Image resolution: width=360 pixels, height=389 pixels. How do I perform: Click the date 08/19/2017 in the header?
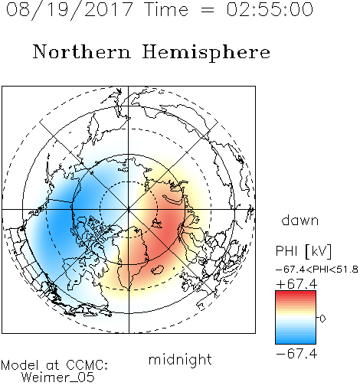click(x=69, y=9)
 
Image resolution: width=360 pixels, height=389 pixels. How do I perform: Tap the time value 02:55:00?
click(x=270, y=9)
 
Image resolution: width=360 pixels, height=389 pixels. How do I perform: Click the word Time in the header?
click(x=166, y=9)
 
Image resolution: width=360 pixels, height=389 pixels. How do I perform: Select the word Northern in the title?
click(x=82, y=51)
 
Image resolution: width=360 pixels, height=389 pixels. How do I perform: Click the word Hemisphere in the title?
click(x=206, y=53)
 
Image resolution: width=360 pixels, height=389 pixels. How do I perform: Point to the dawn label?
click(x=300, y=220)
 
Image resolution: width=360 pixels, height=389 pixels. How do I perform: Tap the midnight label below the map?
click(x=180, y=359)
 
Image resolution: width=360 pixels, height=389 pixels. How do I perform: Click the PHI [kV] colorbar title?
click(x=303, y=251)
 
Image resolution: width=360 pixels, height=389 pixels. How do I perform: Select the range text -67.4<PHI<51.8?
click(x=317, y=270)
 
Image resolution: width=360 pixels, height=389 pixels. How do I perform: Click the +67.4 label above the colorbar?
click(x=296, y=284)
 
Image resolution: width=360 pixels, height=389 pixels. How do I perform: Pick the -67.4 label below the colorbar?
click(x=296, y=354)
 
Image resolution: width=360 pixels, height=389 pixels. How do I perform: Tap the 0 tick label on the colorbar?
click(x=322, y=319)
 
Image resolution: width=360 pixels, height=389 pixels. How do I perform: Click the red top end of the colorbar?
click(x=296, y=293)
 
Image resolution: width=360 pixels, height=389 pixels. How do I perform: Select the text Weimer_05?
click(x=58, y=378)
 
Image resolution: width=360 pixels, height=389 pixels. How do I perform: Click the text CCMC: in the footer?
click(x=87, y=365)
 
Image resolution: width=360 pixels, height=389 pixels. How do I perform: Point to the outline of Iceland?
click(x=157, y=270)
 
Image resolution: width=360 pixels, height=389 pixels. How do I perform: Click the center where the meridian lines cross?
click(x=129, y=209)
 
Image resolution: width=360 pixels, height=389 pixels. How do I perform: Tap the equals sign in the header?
click(x=207, y=10)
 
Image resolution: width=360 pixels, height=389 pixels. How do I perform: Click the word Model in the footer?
click(x=20, y=365)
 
